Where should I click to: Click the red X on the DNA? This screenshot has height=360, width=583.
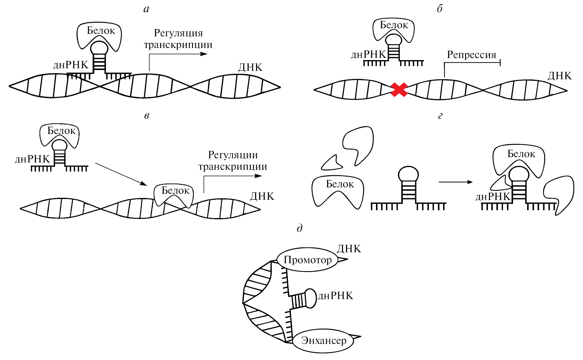coord(399,90)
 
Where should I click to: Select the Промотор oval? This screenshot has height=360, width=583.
coord(307,260)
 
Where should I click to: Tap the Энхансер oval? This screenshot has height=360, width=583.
coord(324,341)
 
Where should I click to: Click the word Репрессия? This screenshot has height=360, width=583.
coord(471,55)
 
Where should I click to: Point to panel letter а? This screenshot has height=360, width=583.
coord(146,9)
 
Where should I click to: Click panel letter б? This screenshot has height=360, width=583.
coord(440,9)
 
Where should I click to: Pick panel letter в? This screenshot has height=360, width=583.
coord(146,116)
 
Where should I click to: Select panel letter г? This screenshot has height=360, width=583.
coord(440,116)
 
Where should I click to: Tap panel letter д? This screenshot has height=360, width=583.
coord(300,228)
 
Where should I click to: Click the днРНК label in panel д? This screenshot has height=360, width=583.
coord(336,296)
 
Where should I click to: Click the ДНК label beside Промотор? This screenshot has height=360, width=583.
coord(349,249)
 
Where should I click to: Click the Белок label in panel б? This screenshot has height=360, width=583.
coord(394,25)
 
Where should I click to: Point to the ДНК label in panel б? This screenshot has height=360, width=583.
coord(560,76)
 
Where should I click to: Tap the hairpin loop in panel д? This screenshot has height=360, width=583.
coord(311,298)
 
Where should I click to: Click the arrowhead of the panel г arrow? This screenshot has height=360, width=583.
coord(470,182)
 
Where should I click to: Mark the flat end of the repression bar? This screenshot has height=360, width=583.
coord(500,63)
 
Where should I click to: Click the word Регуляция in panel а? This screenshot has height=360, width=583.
coord(178,33)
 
